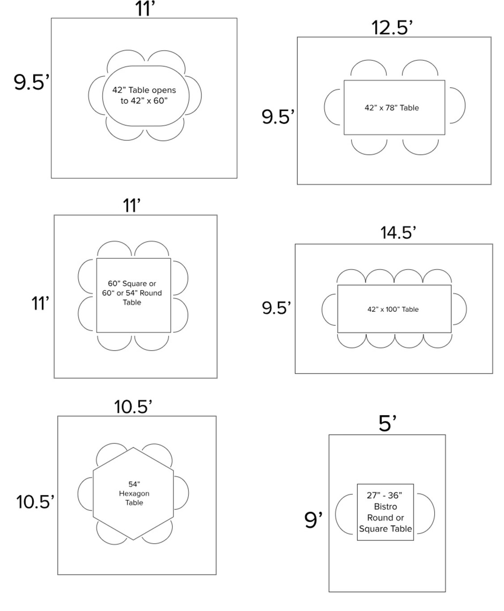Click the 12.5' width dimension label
point(392,28)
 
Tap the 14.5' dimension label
point(398,233)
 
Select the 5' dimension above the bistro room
point(387,423)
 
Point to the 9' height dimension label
point(313,520)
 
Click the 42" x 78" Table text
point(392,108)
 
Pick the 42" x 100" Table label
point(393,309)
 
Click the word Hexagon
point(134,493)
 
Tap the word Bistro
point(385,506)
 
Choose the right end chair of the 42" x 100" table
point(459,309)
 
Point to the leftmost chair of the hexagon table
point(85,494)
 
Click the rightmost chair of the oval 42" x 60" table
point(193,95)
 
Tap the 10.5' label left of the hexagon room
point(35,502)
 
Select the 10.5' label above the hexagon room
point(133,407)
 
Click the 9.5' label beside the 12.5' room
point(278,117)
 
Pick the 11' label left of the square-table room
point(40,303)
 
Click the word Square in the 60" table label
point(135,284)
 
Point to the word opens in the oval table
point(164,90)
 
